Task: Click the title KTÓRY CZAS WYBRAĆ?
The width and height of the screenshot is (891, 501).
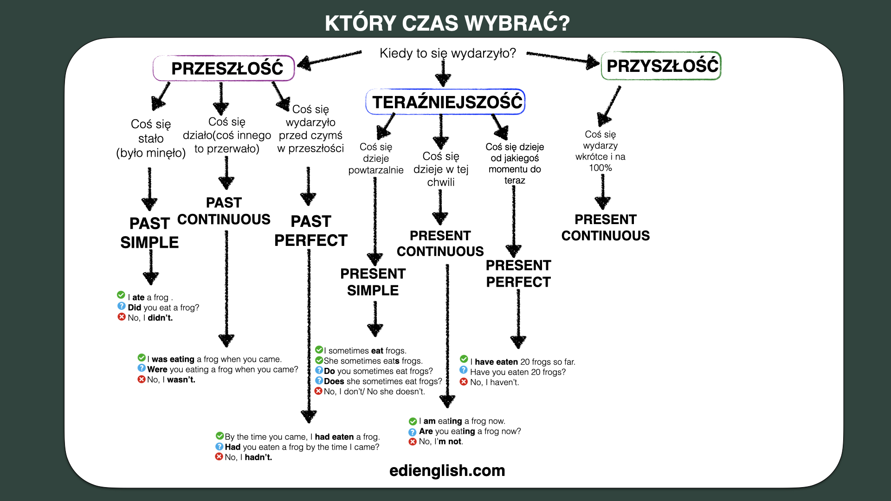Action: click(x=447, y=23)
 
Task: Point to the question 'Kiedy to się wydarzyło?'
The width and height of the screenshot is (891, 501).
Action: click(x=448, y=53)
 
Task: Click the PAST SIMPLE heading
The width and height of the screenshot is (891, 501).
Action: click(x=149, y=233)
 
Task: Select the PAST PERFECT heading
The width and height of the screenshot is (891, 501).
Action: click(x=311, y=231)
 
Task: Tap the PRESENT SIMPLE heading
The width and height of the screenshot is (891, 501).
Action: click(x=373, y=282)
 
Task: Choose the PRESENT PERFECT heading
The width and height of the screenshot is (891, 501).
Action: click(x=518, y=274)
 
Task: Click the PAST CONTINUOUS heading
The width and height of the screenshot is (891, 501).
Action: click(x=224, y=211)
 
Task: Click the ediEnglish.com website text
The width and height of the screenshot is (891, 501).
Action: click(x=447, y=470)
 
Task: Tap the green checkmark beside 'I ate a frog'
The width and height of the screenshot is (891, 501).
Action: click(x=121, y=295)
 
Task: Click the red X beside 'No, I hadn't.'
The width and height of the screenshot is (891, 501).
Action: click(x=219, y=456)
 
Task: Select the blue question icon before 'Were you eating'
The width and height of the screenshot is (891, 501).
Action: click(x=142, y=368)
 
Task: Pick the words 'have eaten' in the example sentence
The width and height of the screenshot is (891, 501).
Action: click(x=496, y=362)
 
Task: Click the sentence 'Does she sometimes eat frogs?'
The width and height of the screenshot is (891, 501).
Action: click(x=383, y=381)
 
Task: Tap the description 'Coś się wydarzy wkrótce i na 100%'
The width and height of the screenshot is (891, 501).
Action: click(x=600, y=151)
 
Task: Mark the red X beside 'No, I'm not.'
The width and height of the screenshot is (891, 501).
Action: click(x=413, y=442)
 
